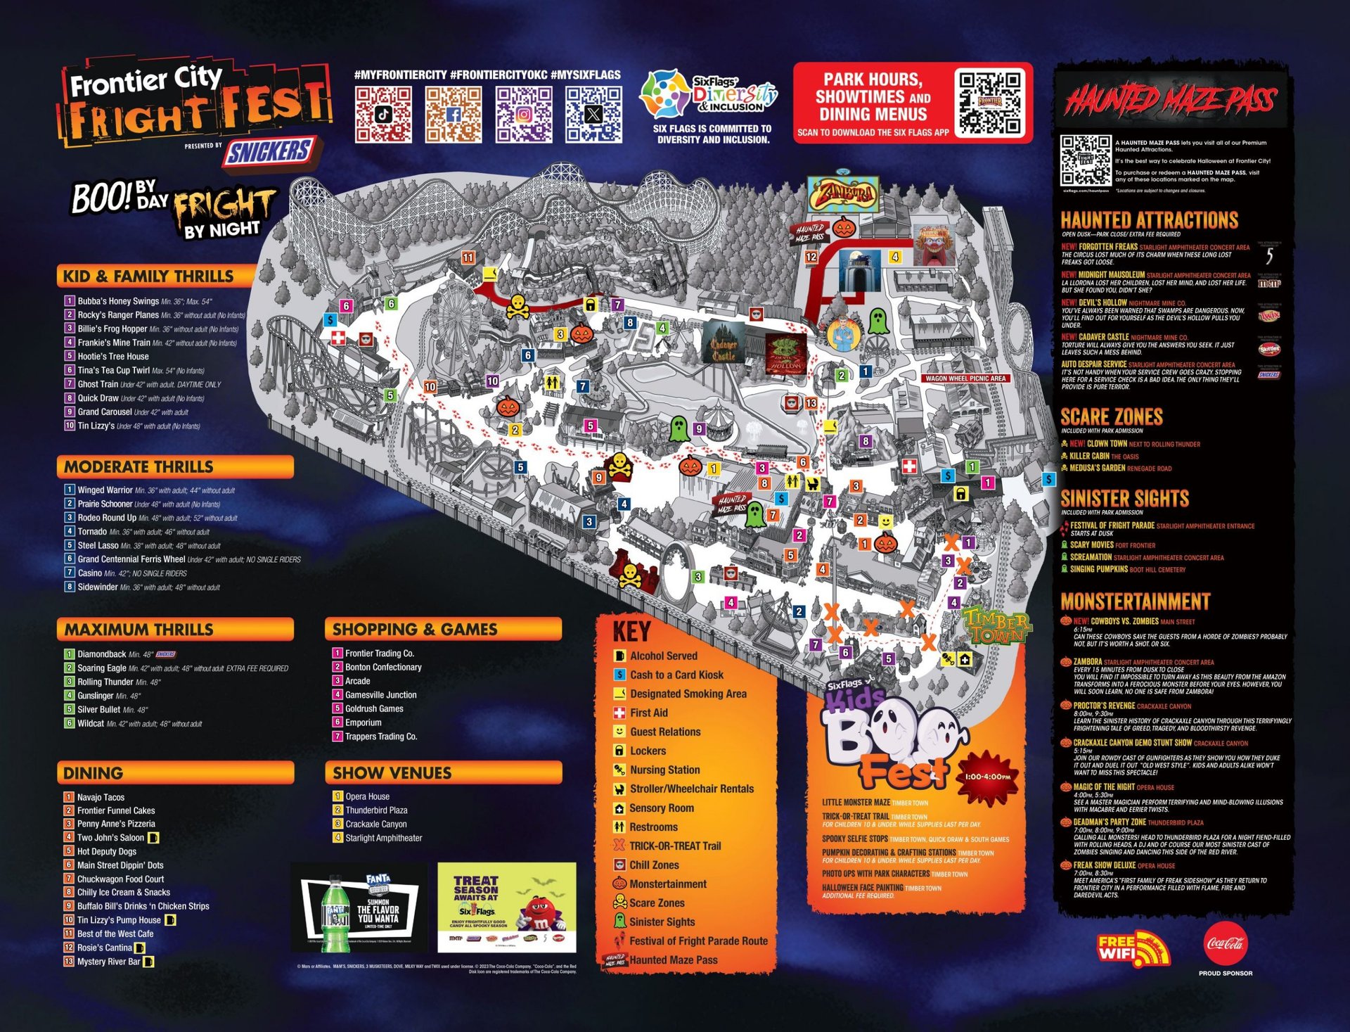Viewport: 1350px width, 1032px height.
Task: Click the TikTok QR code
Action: [x=383, y=114]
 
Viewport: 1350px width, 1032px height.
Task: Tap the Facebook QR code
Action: [x=454, y=114]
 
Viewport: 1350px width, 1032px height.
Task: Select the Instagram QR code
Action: [x=524, y=114]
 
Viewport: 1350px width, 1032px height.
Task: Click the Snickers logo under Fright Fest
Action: [x=269, y=152]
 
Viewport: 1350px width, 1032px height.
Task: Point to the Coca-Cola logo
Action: [x=1226, y=944]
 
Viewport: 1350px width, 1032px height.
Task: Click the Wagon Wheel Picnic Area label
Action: [x=965, y=378]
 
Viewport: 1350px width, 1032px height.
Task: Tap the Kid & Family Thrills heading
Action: [x=148, y=276]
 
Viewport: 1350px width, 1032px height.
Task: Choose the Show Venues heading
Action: [x=392, y=772]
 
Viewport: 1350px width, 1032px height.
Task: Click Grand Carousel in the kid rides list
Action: [x=105, y=412]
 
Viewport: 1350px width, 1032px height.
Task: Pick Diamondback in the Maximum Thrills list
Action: [x=102, y=654]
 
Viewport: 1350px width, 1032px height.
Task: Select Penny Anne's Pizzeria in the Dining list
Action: [x=116, y=824]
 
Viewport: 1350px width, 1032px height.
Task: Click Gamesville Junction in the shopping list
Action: [x=380, y=694]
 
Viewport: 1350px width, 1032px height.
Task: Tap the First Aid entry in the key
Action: [x=648, y=713]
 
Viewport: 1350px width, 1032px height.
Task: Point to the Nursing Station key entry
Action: [x=664, y=770]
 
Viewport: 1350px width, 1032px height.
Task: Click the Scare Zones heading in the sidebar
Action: [x=1111, y=417]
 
